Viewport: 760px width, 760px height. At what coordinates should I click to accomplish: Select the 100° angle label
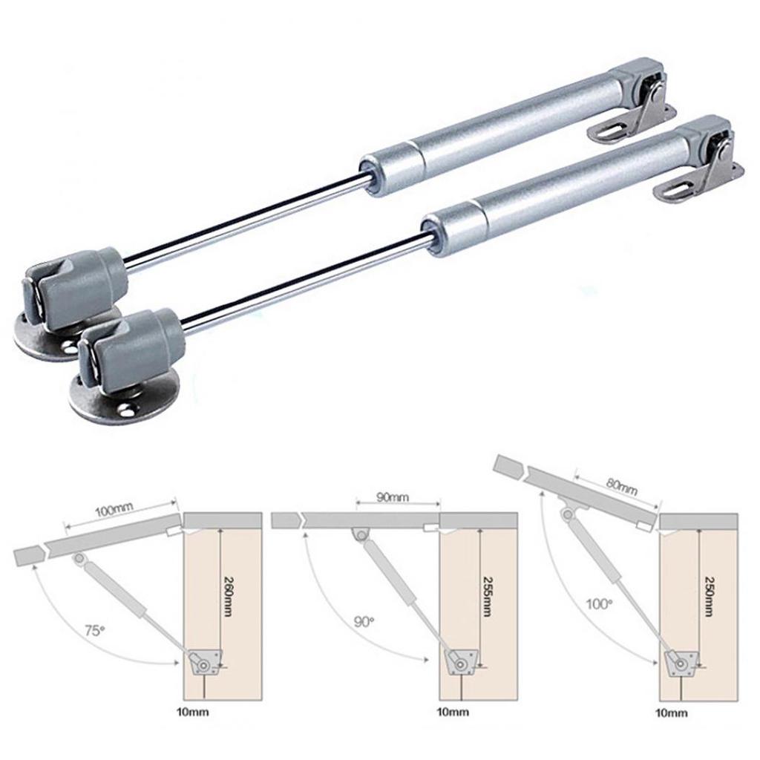coord(600,604)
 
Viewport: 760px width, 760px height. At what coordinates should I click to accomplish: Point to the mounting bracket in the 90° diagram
coord(461,661)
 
